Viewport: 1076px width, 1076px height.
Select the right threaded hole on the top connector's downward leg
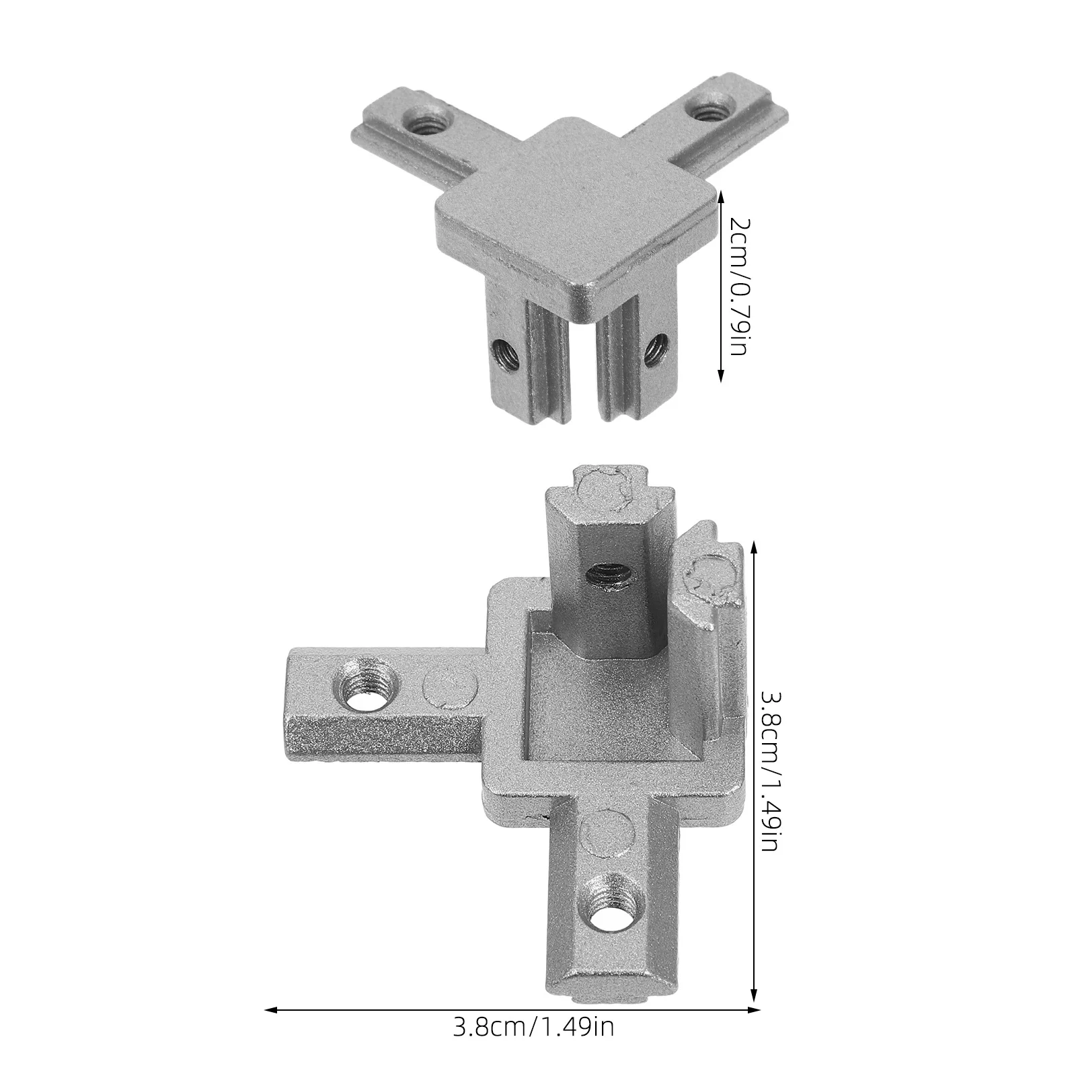point(653,350)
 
